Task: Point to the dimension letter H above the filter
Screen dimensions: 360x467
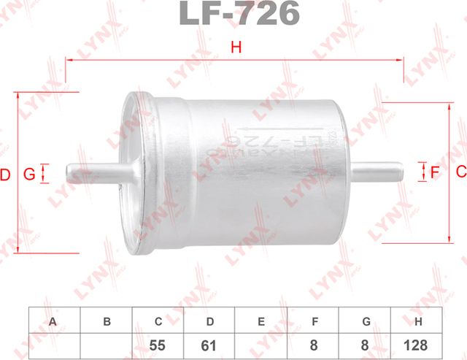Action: click(x=235, y=48)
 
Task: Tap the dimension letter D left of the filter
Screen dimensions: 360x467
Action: click(x=6, y=175)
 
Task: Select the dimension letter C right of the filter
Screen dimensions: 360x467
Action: click(x=460, y=172)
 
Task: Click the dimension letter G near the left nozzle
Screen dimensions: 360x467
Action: click(x=28, y=174)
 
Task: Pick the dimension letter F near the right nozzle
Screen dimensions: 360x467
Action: click(x=435, y=172)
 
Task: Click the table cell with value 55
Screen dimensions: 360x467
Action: click(x=158, y=345)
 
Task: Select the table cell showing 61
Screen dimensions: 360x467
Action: click(x=210, y=345)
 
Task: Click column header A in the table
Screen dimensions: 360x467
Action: click(x=53, y=321)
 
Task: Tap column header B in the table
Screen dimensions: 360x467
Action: click(x=106, y=321)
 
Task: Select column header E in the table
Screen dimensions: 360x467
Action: click(x=262, y=321)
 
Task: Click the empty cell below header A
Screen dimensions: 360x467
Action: click(x=53, y=345)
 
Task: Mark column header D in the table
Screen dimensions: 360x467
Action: click(x=210, y=321)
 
